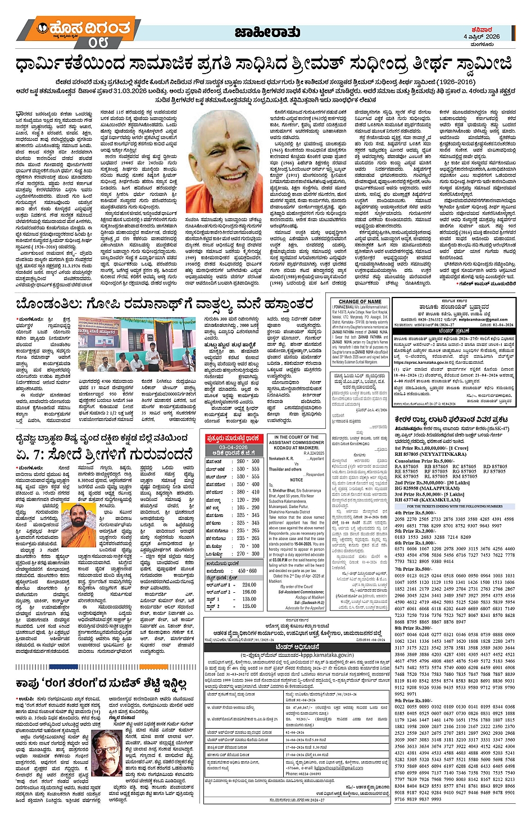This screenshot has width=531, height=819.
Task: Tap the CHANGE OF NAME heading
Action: [x=360, y=301]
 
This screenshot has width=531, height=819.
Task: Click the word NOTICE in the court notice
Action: [x=296, y=480]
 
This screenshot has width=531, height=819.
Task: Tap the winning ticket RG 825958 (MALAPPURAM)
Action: [x=434, y=488]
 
